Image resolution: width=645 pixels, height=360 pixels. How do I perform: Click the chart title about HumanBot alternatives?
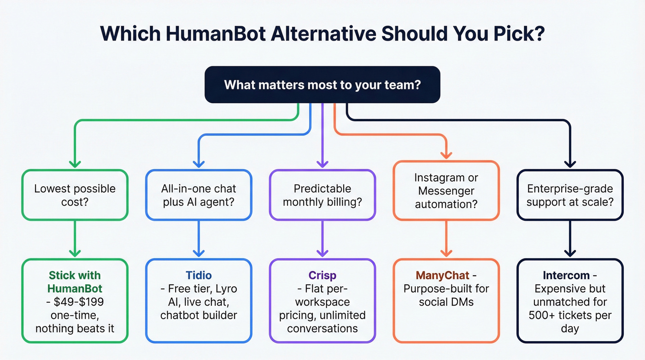322,35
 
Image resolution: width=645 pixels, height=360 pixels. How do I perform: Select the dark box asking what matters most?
322,85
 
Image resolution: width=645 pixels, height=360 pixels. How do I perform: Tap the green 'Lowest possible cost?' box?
75,195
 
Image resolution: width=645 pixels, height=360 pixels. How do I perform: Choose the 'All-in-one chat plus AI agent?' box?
199,195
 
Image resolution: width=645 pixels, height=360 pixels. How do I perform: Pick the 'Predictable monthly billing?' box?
322,195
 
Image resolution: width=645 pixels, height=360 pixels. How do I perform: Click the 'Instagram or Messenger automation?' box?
446,190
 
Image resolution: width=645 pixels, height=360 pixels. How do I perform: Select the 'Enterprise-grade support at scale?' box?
570,195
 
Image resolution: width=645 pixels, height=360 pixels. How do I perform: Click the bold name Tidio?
199,276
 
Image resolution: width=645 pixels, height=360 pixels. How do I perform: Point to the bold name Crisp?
322,276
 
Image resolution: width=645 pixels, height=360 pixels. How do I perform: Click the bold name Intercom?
566,276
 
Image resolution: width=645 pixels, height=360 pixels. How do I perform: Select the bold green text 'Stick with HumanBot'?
75,282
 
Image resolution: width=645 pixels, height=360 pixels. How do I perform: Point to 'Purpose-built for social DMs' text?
446,295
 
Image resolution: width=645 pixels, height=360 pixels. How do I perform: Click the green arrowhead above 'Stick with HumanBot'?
75,253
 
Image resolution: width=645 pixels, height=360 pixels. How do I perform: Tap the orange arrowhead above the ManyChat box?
446,253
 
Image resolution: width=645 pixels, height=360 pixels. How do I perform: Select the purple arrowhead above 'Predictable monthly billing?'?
322,164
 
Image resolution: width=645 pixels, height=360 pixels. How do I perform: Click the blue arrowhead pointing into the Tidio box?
199,253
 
